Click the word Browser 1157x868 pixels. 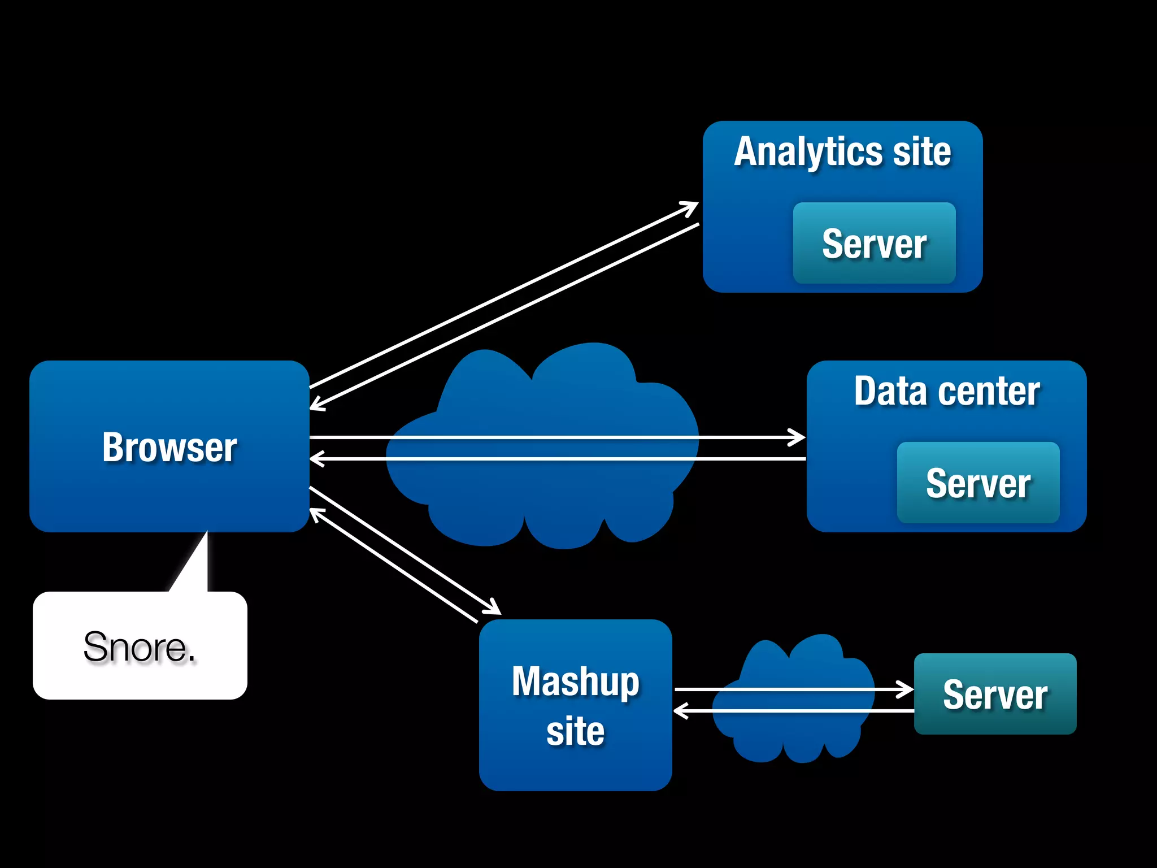169,447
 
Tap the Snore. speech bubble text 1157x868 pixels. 140,646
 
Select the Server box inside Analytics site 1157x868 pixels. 874,243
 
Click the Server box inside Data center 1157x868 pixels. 978,483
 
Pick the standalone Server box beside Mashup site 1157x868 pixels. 995,694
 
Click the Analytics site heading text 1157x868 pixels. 842,151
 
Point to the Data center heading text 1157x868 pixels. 946,391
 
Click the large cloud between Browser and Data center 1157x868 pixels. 542,497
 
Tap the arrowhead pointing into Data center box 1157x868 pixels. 799,437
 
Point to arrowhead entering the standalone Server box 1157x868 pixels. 907,689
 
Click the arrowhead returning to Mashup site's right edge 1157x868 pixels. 680,710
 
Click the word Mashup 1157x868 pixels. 575,682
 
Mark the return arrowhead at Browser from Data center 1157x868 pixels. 316,458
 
